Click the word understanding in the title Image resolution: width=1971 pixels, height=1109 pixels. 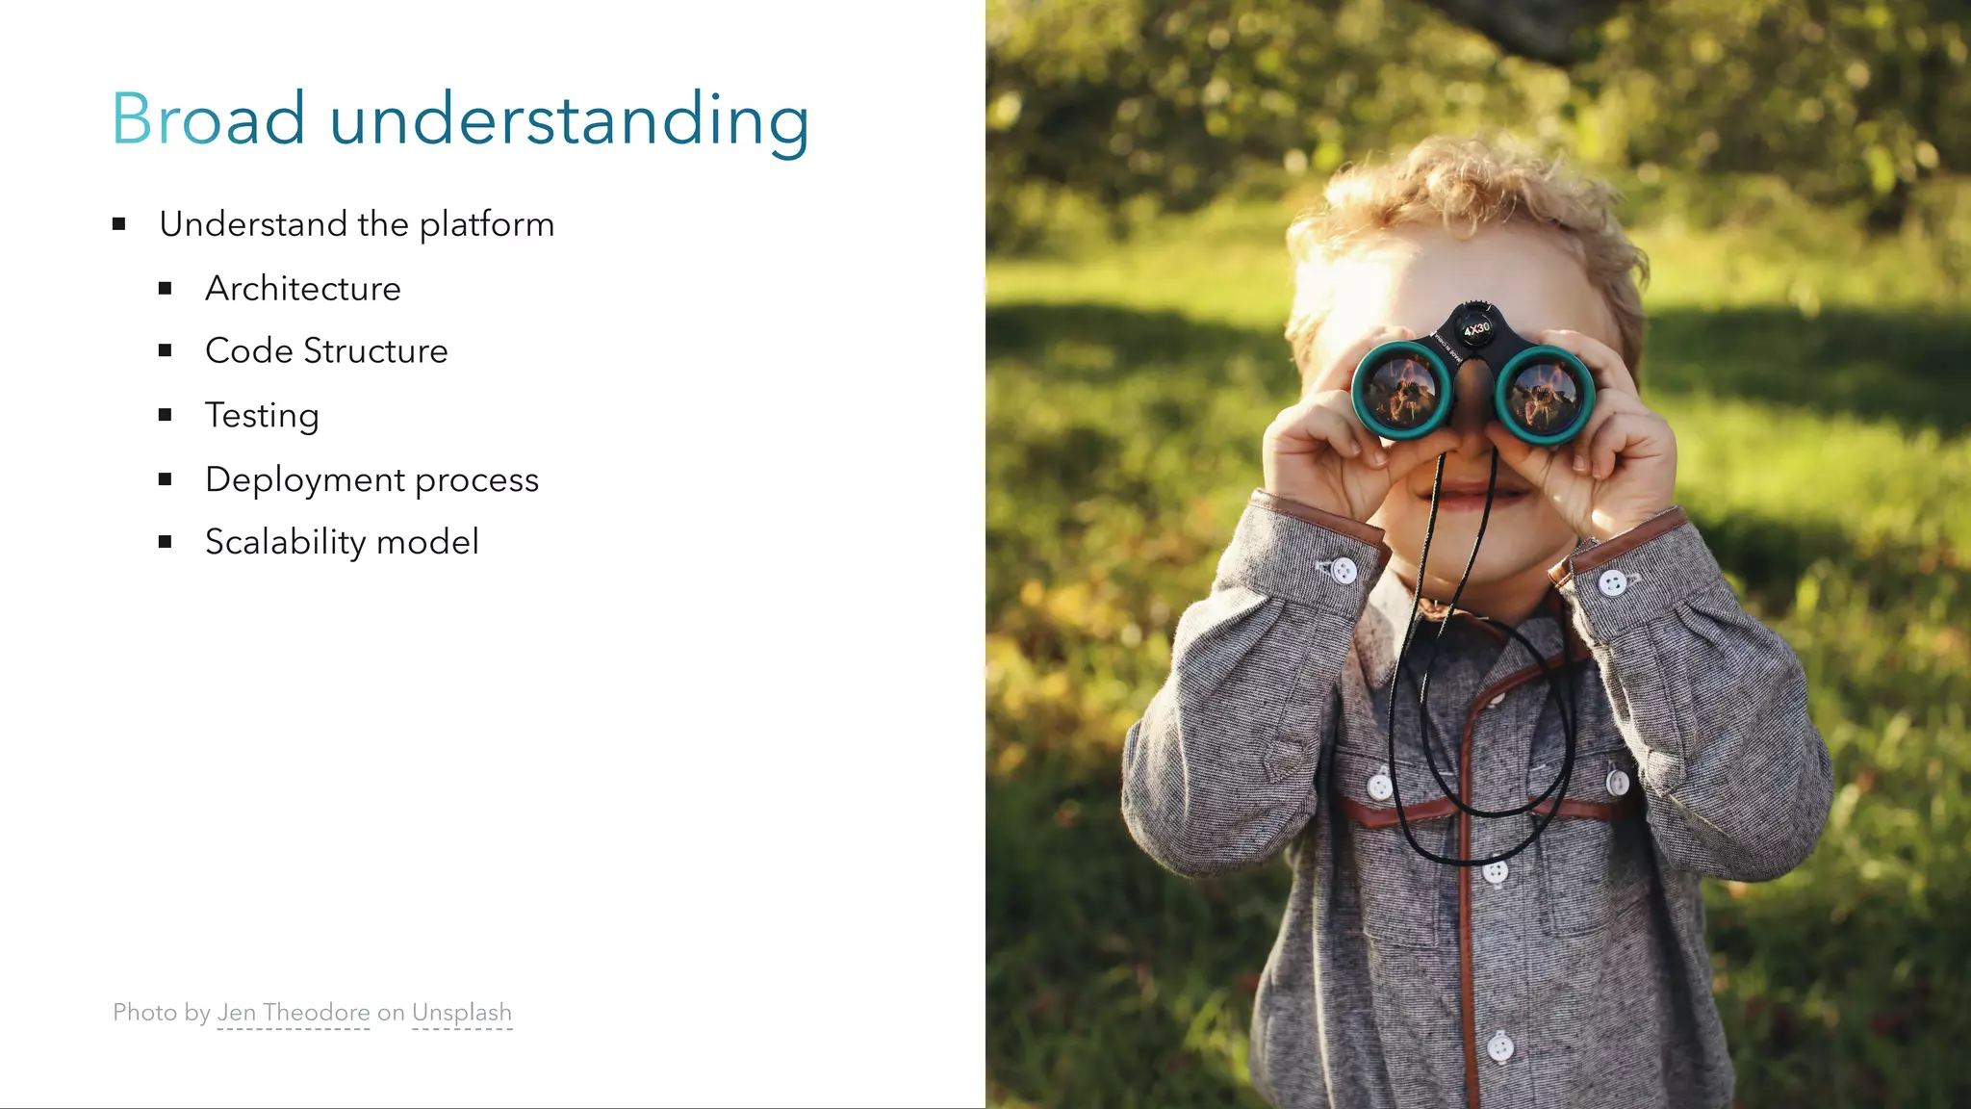tap(569, 121)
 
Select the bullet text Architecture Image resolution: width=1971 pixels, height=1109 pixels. tap(302, 288)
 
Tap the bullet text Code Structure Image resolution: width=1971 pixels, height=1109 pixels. tap(326, 350)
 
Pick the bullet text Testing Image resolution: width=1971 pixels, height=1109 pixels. tap(261, 415)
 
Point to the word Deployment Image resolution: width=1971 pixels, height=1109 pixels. tap(304, 479)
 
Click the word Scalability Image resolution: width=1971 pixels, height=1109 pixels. tap(285, 542)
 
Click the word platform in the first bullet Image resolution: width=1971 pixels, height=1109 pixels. tap(486, 224)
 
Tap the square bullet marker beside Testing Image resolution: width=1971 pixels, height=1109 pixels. tap(166, 415)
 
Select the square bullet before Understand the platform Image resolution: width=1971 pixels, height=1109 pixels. tap(119, 224)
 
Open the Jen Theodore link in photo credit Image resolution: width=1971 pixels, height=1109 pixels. tap(294, 1013)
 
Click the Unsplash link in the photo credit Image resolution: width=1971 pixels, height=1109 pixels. tap(462, 1013)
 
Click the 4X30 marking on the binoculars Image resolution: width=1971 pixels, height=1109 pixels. tap(1476, 330)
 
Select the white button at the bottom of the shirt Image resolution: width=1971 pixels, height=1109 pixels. tap(1500, 1045)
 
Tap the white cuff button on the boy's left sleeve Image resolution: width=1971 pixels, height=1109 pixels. tap(1613, 581)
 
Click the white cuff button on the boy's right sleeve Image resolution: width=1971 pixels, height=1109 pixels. tap(1344, 571)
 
